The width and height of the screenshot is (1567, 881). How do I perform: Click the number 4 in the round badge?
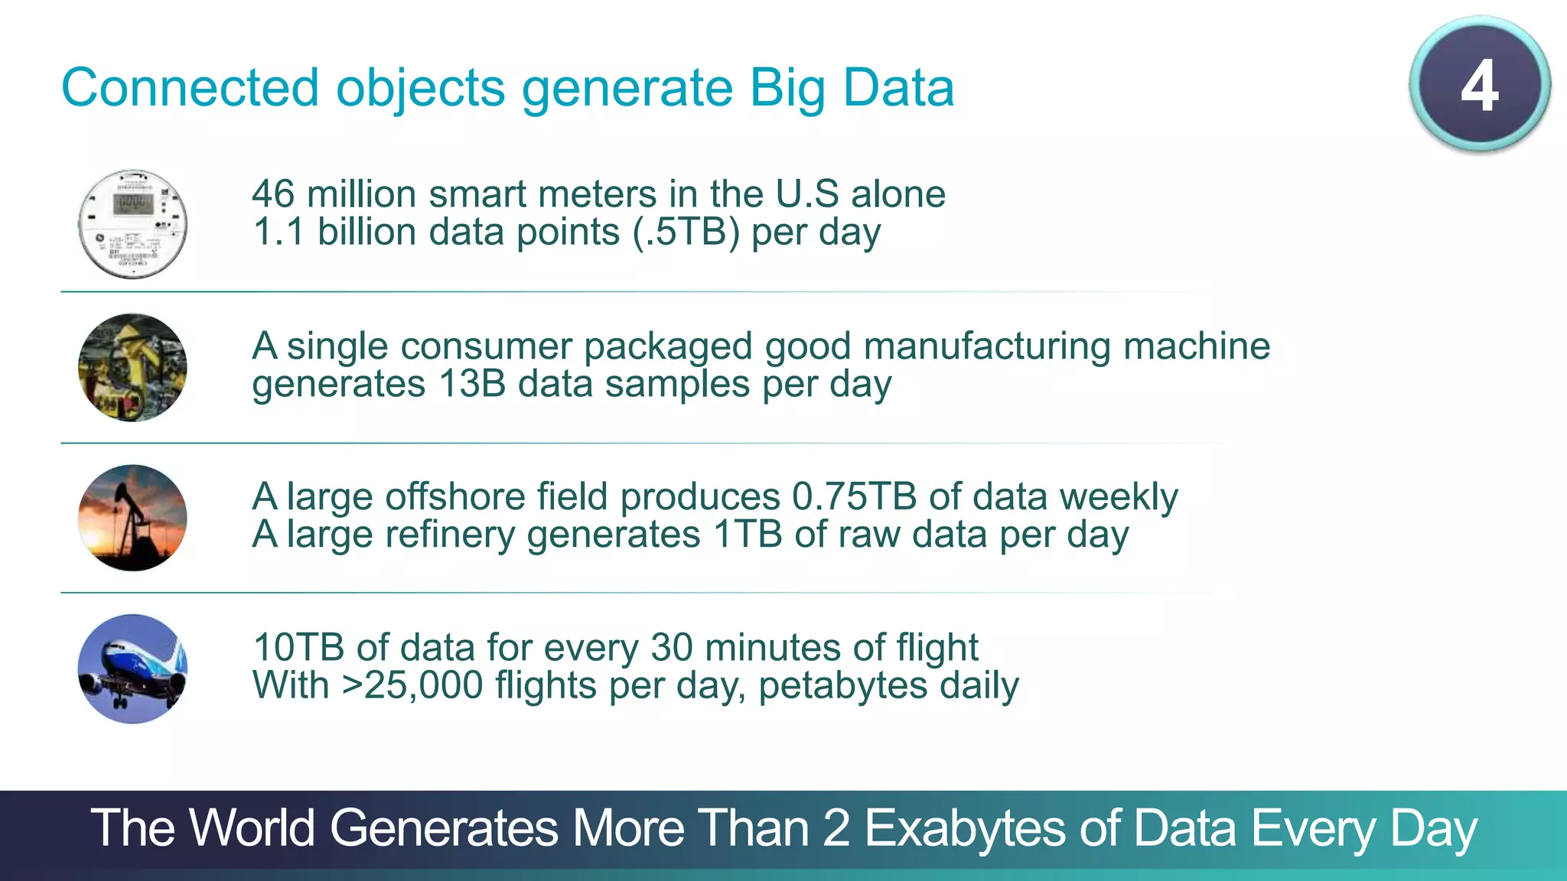click(1479, 86)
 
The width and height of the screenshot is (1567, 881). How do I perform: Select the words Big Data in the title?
click(852, 89)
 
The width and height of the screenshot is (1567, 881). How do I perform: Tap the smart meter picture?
click(132, 224)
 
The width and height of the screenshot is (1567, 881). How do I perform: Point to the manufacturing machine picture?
click(132, 367)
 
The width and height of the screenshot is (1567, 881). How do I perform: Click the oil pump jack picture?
click(132, 518)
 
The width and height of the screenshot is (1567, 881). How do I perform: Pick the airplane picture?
click(132, 669)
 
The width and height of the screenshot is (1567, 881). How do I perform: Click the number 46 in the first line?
click(273, 194)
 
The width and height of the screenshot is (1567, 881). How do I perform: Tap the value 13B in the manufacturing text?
click(472, 384)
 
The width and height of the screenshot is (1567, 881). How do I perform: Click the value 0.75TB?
click(854, 497)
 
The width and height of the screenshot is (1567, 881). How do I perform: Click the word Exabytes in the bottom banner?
click(965, 829)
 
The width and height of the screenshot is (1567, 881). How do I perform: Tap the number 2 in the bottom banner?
click(836, 829)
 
